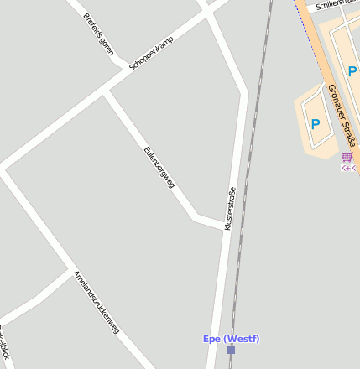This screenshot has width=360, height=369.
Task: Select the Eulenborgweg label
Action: [x=159, y=167]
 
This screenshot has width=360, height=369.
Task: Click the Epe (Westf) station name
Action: [x=231, y=339]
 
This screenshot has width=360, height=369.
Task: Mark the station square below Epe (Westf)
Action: [x=231, y=350]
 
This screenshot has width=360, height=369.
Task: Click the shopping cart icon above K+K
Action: [x=347, y=157]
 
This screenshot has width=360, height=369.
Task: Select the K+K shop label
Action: [x=347, y=168]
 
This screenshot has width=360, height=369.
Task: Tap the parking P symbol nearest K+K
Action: [x=316, y=124]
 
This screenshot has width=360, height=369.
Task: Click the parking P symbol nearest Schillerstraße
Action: [x=352, y=72]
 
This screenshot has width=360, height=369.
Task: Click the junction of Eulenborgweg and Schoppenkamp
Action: [x=104, y=93]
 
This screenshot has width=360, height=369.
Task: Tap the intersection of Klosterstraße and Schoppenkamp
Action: [x=207, y=13]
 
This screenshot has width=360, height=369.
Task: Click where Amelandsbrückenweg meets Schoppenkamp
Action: [x=5, y=169]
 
